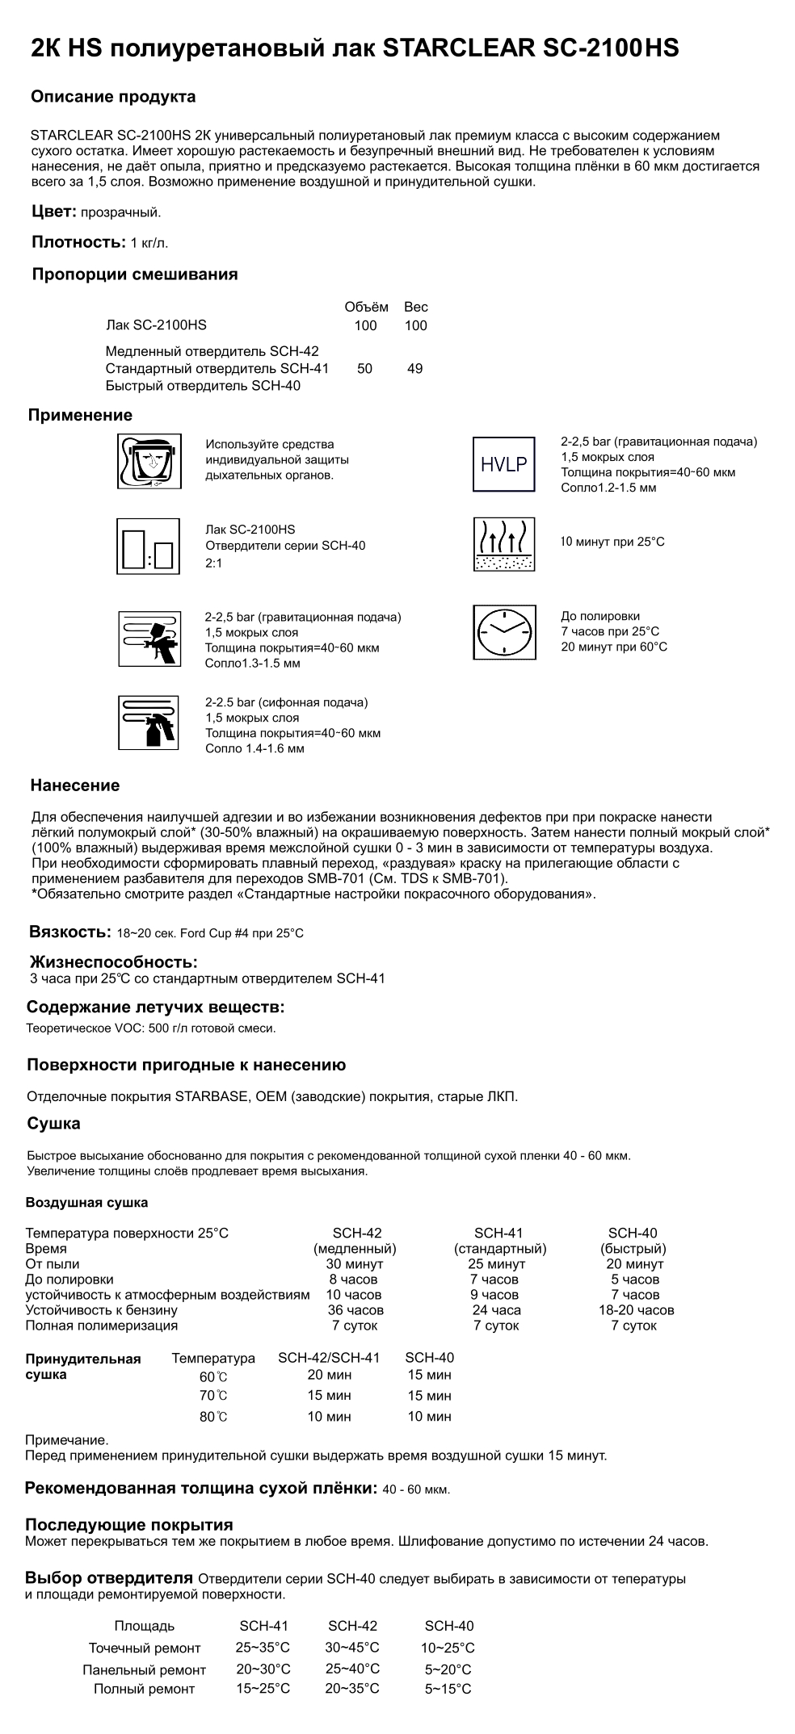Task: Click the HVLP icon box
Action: (503, 464)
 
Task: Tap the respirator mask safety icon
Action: (149, 461)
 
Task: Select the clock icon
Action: (503, 632)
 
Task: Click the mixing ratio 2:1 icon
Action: (149, 547)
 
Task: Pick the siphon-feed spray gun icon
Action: (149, 722)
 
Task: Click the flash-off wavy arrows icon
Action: (503, 545)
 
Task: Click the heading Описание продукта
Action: (113, 97)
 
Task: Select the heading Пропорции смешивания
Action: (135, 274)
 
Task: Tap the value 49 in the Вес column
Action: (415, 369)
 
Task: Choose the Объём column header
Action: (366, 307)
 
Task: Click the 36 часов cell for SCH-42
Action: (355, 1310)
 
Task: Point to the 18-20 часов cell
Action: (636, 1310)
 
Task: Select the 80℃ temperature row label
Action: (213, 1417)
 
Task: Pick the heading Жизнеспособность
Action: (114, 961)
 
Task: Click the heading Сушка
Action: (53, 1124)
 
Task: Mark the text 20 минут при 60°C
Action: (614, 647)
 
